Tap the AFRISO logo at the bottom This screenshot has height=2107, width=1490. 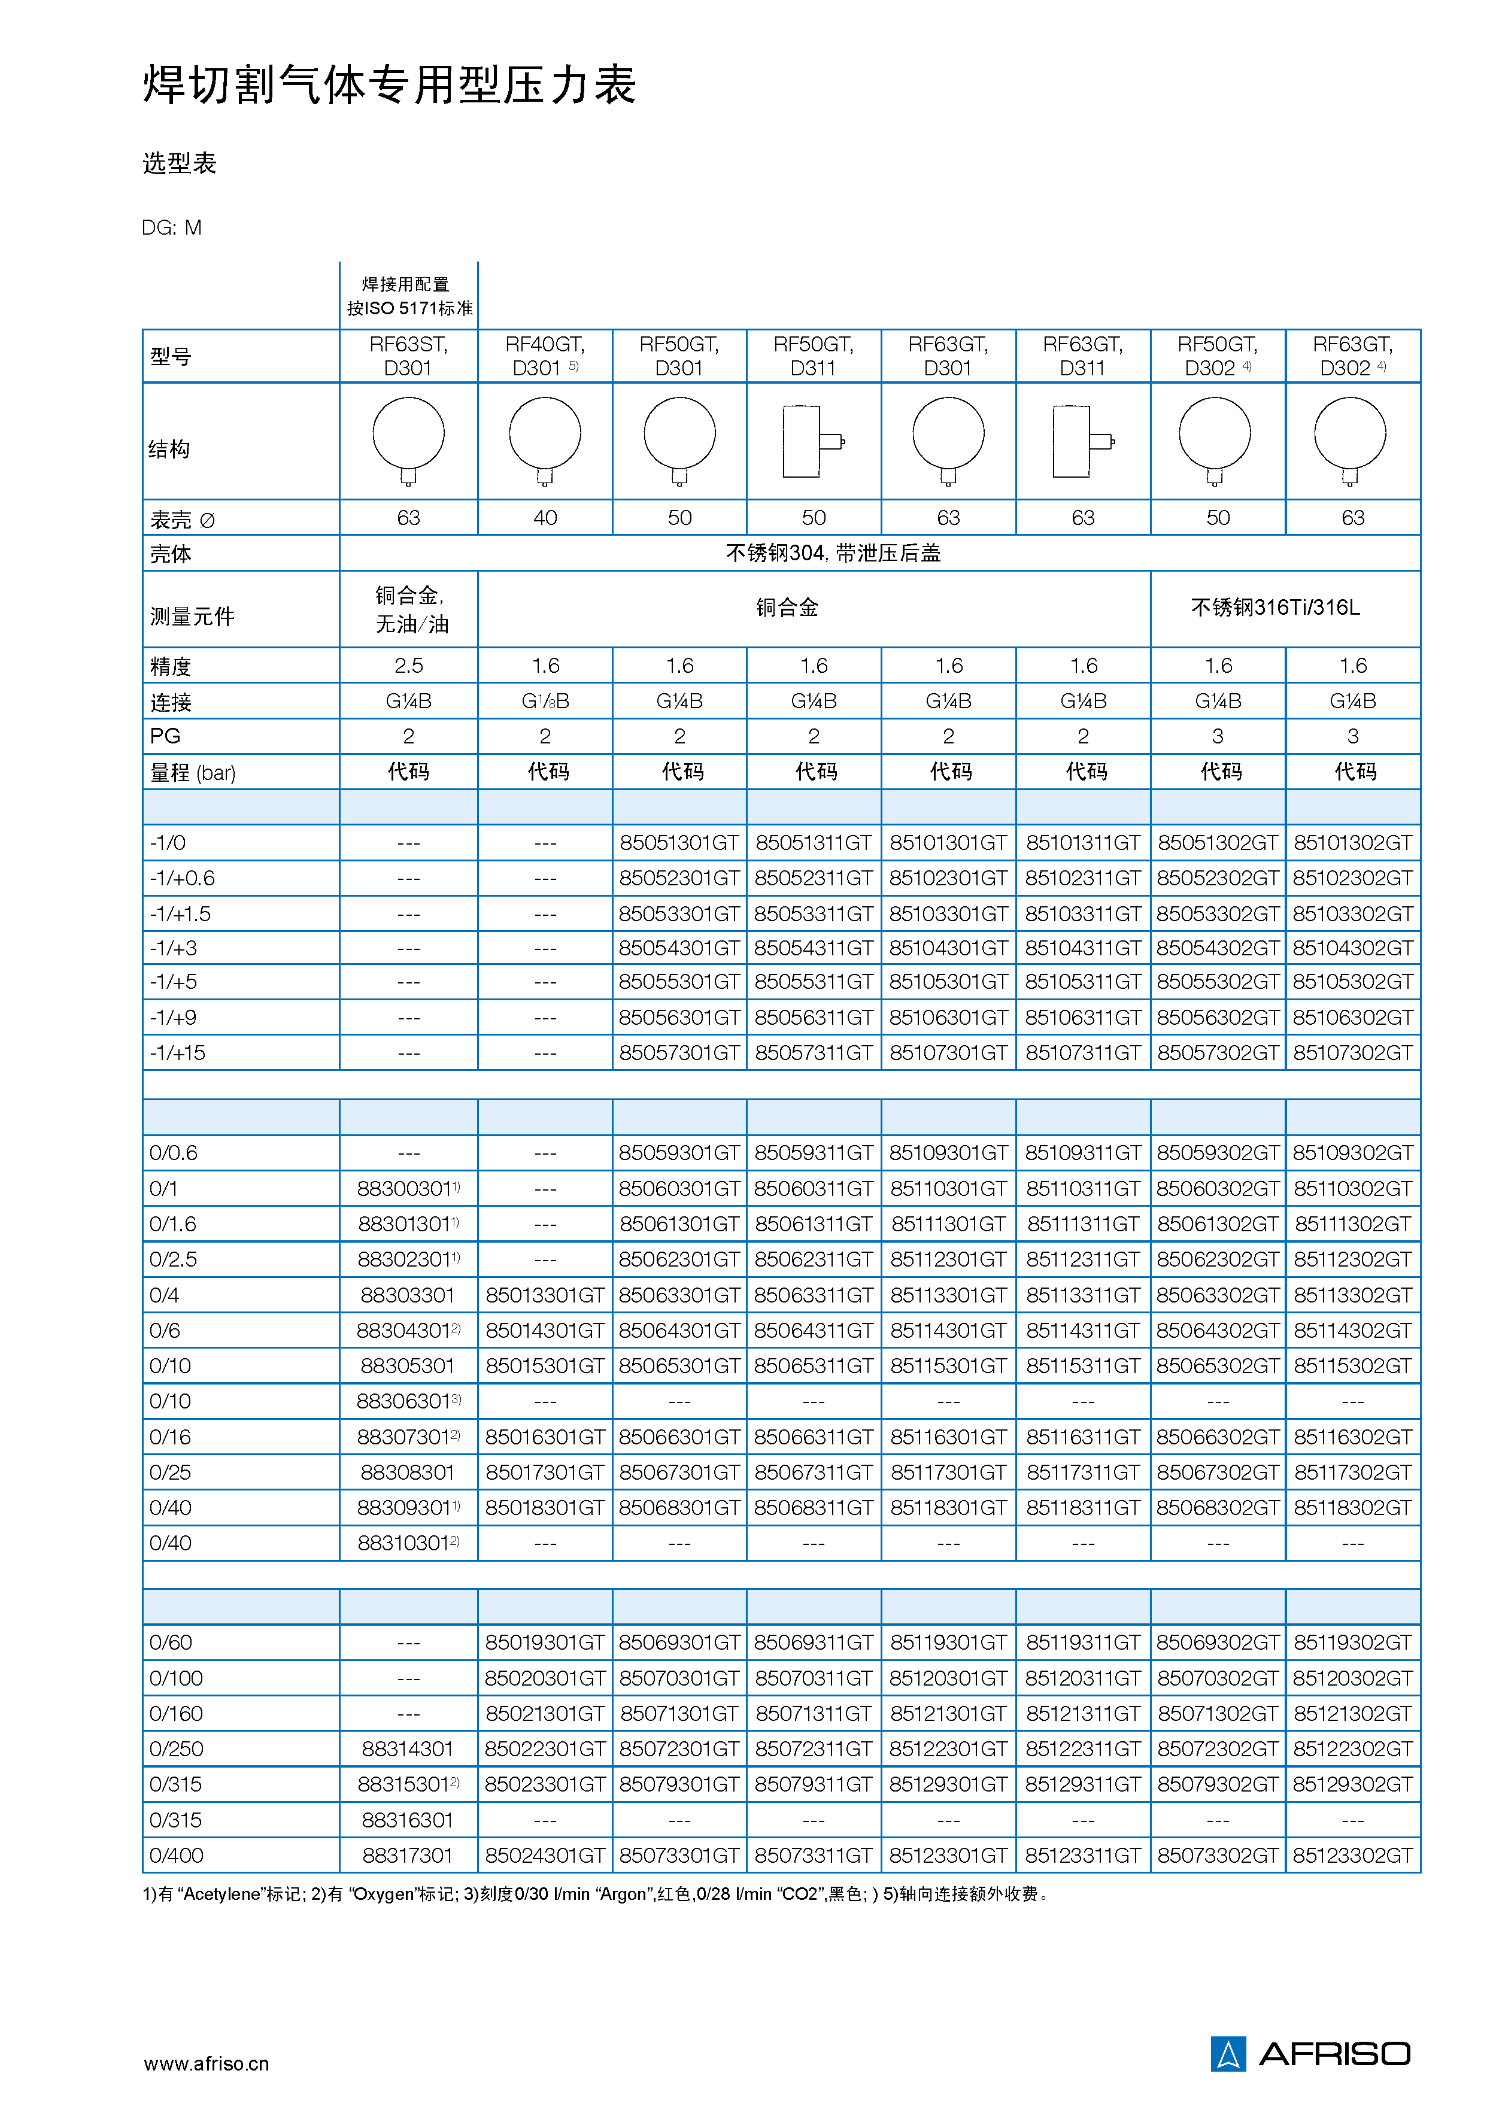[1310, 2053]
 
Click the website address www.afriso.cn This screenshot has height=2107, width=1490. [207, 2063]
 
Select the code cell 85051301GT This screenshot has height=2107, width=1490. [679, 842]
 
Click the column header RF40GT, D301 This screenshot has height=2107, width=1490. [545, 356]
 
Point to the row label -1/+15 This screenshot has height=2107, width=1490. [178, 1052]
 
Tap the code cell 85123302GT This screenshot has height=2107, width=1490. [1352, 1854]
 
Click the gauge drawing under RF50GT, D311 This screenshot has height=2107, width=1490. [813, 441]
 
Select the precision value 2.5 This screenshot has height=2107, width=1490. [408, 665]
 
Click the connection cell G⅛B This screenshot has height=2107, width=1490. [545, 701]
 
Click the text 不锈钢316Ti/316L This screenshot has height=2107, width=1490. [1274, 608]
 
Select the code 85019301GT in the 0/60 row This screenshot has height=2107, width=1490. [545, 1642]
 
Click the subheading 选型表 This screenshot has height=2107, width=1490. [180, 163]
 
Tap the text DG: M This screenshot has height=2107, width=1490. [172, 227]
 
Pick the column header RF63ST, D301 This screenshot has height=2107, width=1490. [408, 356]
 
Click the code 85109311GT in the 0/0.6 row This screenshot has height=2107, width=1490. [1083, 1153]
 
